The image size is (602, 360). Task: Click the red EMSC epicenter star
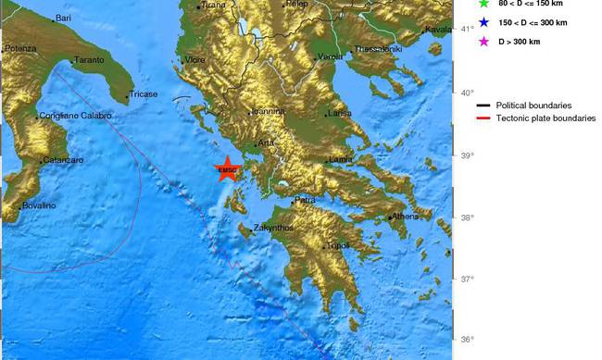click(x=227, y=168)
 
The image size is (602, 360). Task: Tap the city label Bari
click(x=63, y=18)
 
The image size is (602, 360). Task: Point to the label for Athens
click(x=406, y=217)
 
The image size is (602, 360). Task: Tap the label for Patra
click(x=307, y=200)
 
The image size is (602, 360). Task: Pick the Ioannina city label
click(x=267, y=111)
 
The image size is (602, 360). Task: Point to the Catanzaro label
click(x=63, y=160)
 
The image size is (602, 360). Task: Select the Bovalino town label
click(x=40, y=205)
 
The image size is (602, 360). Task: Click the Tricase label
click(x=144, y=94)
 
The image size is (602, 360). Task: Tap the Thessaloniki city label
click(x=378, y=48)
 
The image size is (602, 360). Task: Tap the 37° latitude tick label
click(x=468, y=279)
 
